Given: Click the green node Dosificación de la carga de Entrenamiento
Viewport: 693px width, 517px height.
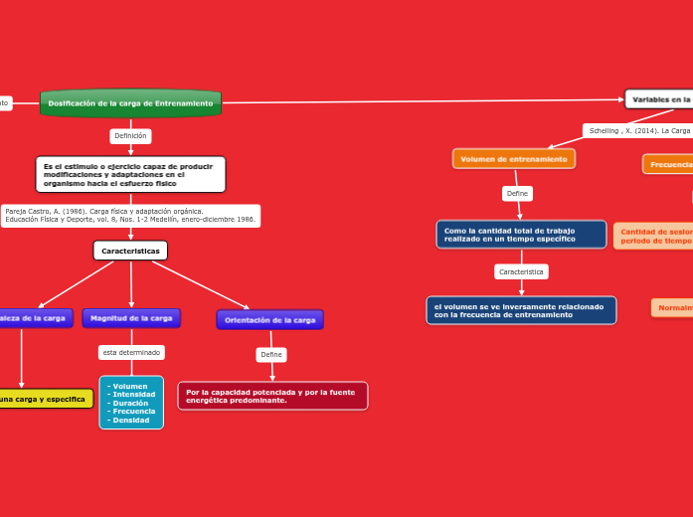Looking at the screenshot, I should pyautogui.click(x=130, y=103).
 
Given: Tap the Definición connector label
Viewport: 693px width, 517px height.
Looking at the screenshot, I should pyautogui.click(x=130, y=136).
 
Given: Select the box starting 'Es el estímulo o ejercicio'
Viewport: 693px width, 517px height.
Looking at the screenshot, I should pyautogui.click(x=130, y=174).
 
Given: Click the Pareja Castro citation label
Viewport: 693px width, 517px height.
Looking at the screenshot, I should pyautogui.click(x=130, y=216).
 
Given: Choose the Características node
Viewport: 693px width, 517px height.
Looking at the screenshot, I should pyautogui.click(x=130, y=252).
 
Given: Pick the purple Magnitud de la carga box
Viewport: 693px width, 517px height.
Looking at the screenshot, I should pyautogui.click(x=131, y=318).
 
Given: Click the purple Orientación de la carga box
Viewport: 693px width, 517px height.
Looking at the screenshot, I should pyautogui.click(x=269, y=320).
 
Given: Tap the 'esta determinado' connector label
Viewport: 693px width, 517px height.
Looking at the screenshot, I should pyautogui.click(x=131, y=353).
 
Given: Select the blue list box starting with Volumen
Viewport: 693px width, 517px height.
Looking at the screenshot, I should pyautogui.click(x=131, y=403).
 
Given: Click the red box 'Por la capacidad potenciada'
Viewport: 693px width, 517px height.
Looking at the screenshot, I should pyautogui.click(x=272, y=396).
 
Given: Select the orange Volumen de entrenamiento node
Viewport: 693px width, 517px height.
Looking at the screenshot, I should pyautogui.click(x=514, y=159).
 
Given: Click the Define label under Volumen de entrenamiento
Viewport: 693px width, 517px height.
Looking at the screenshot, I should pyautogui.click(x=517, y=194).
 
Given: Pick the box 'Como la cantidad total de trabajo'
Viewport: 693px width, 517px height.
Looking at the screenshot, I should pyautogui.click(x=521, y=235).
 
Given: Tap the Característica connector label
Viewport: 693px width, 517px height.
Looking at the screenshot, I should pyautogui.click(x=521, y=271).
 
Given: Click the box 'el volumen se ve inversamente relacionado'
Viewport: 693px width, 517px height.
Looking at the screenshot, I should pyautogui.click(x=521, y=310).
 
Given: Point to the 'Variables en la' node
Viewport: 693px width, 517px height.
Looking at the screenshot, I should pyautogui.click(x=659, y=99).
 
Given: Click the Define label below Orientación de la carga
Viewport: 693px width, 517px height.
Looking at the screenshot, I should pyautogui.click(x=271, y=355).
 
